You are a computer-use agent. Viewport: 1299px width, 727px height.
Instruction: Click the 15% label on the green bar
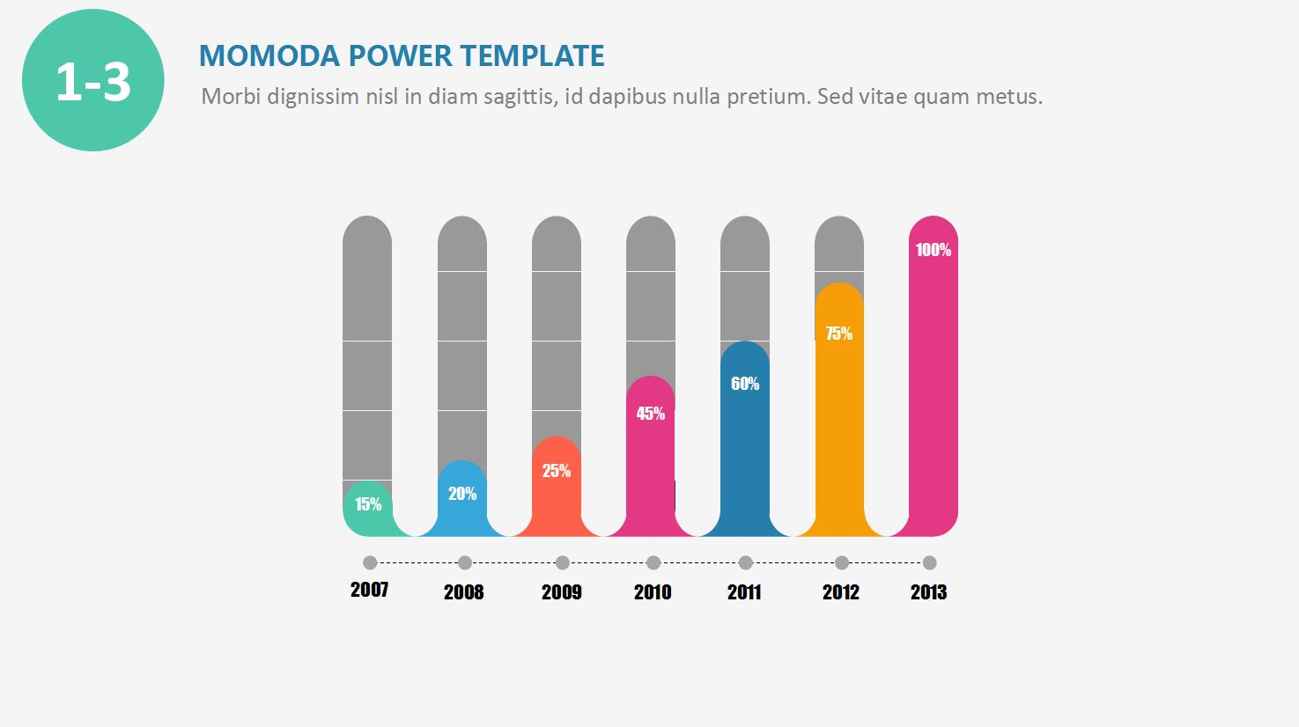click(x=368, y=504)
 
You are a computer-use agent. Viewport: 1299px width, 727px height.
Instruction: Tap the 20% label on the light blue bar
click(x=462, y=494)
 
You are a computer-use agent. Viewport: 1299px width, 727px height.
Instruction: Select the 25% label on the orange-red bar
click(x=557, y=471)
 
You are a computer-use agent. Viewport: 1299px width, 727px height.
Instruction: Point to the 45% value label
click(x=651, y=414)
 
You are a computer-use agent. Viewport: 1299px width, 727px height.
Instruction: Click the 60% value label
click(x=745, y=384)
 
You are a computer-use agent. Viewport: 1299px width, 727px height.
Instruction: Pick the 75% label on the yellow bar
click(x=839, y=334)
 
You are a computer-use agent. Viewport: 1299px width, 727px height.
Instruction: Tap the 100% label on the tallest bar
click(x=934, y=250)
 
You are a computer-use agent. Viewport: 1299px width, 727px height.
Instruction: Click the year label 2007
click(x=369, y=590)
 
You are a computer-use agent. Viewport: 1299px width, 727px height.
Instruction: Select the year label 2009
click(x=562, y=592)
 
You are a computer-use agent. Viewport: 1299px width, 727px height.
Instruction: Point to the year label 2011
click(x=744, y=592)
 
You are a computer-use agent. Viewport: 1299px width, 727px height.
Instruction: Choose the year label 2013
click(x=928, y=592)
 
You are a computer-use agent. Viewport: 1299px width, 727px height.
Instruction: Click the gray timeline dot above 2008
click(x=465, y=563)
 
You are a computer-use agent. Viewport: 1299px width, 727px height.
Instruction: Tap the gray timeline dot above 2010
click(x=653, y=563)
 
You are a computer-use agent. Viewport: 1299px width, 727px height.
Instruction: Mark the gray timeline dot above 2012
click(x=842, y=563)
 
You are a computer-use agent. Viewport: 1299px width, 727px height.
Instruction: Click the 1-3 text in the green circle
click(x=93, y=82)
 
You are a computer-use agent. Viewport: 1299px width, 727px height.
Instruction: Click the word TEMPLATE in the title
click(x=533, y=56)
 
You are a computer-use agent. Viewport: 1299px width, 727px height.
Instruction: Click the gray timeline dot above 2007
click(x=370, y=563)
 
